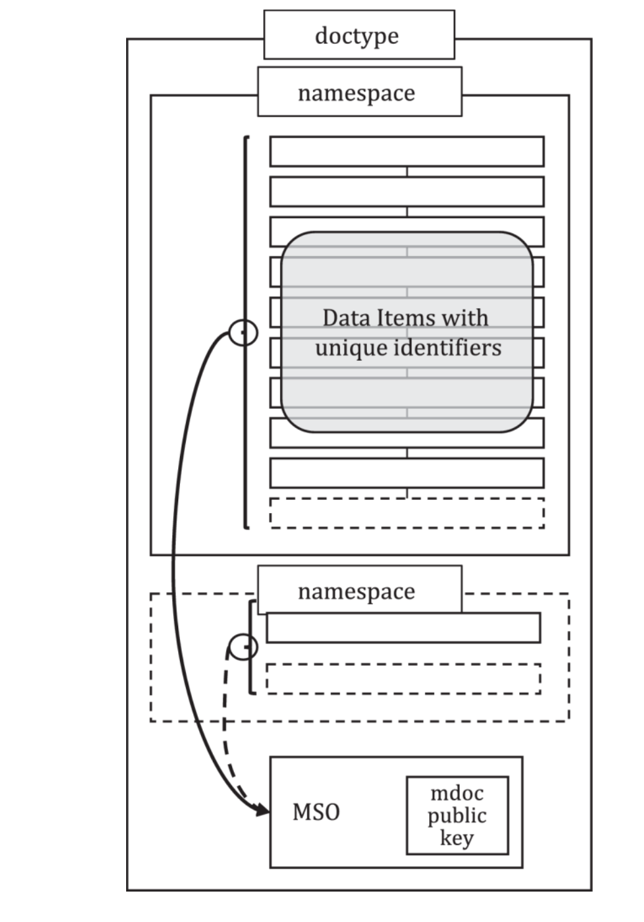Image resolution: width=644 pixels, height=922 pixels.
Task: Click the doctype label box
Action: coord(359,35)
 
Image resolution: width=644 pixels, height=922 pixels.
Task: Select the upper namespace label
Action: coord(359,92)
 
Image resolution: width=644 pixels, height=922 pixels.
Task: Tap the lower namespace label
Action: coord(359,590)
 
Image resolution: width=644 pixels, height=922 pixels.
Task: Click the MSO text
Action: coord(316,812)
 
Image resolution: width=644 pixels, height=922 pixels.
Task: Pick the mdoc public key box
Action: coord(457,815)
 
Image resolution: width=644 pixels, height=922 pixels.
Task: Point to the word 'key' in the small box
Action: coord(456,838)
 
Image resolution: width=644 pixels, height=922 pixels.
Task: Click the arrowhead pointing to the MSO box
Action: coord(262,809)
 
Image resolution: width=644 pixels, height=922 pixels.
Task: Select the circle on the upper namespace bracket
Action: coord(243,332)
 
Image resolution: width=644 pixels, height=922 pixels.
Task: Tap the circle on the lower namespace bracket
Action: coord(243,647)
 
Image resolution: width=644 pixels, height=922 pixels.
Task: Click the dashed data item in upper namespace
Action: coord(406,513)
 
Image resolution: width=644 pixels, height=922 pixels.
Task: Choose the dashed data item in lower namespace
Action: coord(403,679)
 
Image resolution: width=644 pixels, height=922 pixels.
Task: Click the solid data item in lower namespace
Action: coord(403,628)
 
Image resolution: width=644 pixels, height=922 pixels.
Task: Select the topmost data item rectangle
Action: coord(406,151)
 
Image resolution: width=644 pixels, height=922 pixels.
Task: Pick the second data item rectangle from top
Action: coord(406,192)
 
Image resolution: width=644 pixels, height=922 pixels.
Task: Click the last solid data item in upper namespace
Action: coord(406,472)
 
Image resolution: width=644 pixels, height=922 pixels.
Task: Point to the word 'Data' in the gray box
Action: coord(346,317)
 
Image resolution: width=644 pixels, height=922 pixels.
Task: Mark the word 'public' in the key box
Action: coord(456,815)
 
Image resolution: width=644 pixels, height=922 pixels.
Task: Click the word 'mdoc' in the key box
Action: coord(456,793)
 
